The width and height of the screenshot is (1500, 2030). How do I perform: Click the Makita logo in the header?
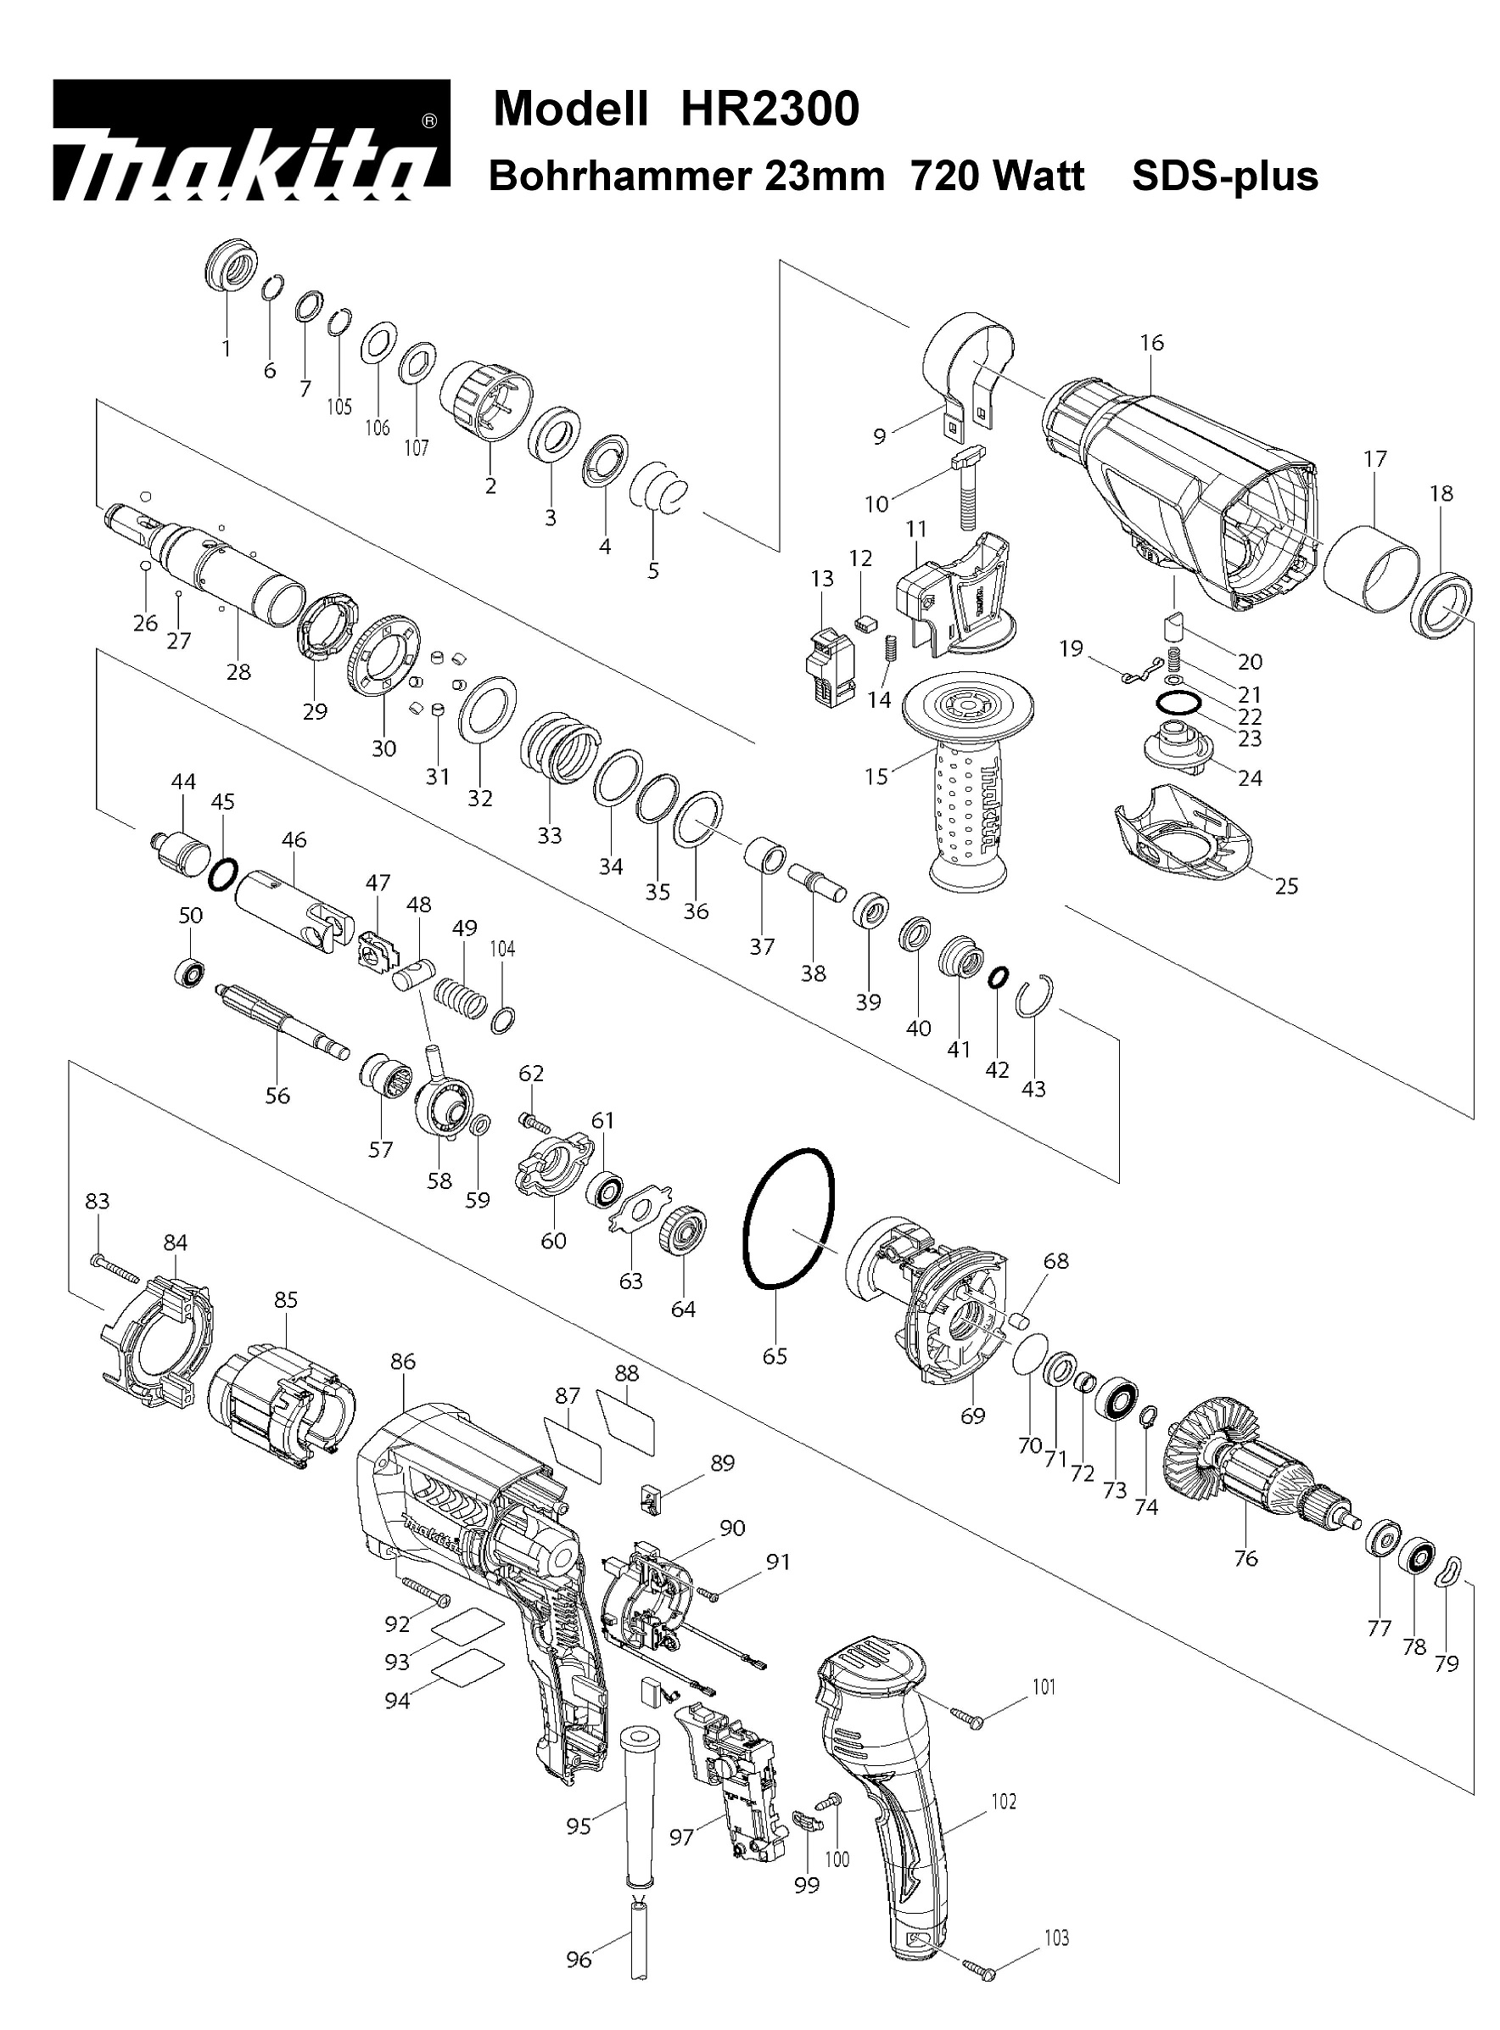[x=251, y=140]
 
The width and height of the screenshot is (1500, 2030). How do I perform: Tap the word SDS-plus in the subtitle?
[x=1225, y=176]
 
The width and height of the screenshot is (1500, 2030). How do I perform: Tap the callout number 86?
[x=402, y=1361]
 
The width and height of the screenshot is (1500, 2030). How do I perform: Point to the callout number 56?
[x=277, y=1096]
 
